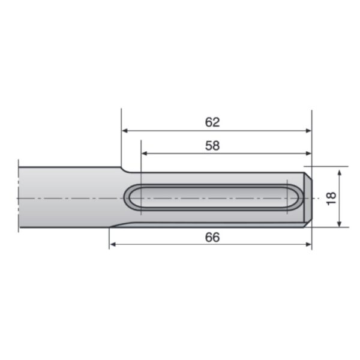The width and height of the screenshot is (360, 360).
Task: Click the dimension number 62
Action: click(x=212, y=122)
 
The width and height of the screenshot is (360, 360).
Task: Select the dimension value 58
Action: click(x=212, y=146)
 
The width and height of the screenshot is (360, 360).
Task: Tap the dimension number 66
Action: click(x=212, y=237)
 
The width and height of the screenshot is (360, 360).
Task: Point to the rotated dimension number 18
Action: click(x=331, y=199)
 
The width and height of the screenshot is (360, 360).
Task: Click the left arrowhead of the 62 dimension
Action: click(x=125, y=131)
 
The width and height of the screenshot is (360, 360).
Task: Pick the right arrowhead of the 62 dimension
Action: click(x=308, y=131)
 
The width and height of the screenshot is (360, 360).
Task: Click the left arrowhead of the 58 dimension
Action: click(x=144, y=154)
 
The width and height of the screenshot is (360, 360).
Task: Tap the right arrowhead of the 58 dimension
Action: click(x=308, y=154)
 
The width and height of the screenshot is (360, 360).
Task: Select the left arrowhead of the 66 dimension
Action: click(x=113, y=245)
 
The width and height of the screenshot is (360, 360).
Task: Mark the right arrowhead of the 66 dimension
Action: click(x=308, y=245)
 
